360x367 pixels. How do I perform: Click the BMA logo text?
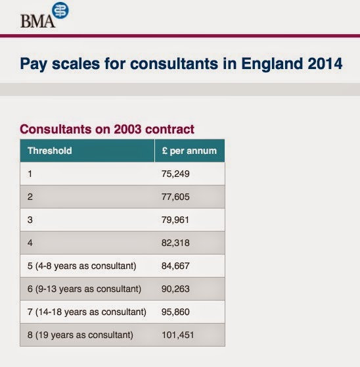pyautogui.click(x=38, y=21)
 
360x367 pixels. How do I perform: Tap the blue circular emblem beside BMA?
pyautogui.click(x=60, y=11)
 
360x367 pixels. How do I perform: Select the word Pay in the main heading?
pyautogui.click(x=34, y=64)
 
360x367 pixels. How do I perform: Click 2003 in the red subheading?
pyautogui.click(x=127, y=129)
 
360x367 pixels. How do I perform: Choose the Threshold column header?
pyautogui.click(x=49, y=151)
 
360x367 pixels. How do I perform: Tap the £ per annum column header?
pyautogui.click(x=189, y=151)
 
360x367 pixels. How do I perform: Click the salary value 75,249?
pyautogui.click(x=175, y=174)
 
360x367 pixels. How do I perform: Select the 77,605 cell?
pyautogui.click(x=175, y=197)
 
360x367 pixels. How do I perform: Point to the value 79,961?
pyautogui.click(x=175, y=220)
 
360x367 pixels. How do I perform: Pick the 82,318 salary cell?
pyautogui.click(x=175, y=243)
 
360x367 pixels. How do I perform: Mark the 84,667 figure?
pyautogui.click(x=175, y=266)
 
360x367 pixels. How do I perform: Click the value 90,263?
pyautogui.click(x=175, y=289)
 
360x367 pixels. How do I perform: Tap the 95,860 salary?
pyautogui.click(x=175, y=312)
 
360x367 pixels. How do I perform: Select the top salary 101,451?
pyautogui.click(x=177, y=335)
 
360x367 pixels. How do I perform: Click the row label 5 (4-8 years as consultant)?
pyautogui.click(x=82, y=266)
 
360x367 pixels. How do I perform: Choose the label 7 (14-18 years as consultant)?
pyautogui.click(x=87, y=312)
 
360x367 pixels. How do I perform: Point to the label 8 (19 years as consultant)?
pyautogui.click(x=80, y=335)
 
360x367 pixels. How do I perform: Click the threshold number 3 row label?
pyautogui.click(x=30, y=220)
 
